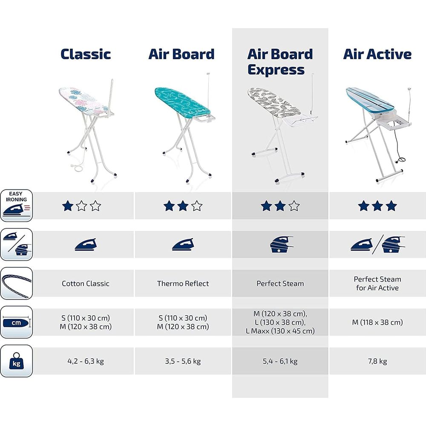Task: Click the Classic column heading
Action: [x=86, y=54]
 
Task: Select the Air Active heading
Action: [x=377, y=54]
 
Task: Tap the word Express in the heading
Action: [x=276, y=69]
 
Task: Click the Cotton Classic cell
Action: [x=86, y=283]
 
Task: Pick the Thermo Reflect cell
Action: [x=183, y=283]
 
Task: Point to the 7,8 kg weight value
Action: [x=377, y=361]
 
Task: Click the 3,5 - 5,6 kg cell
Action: [x=183, y=361]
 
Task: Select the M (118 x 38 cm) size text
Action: [x=377, y=322]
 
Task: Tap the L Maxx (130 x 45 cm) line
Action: [x=280, y=331]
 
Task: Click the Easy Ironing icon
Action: [x=16, y=206]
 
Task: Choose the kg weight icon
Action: [x=16, y=361]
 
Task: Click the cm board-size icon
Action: [x=16, y=322]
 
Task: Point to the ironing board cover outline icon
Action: [x=16, y=283]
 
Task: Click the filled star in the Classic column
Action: [x=67, y=207]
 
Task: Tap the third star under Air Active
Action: [x=391, y=207]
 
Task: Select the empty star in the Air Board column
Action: [x=196, y=207]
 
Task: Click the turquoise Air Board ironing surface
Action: [x=179, y=100]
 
